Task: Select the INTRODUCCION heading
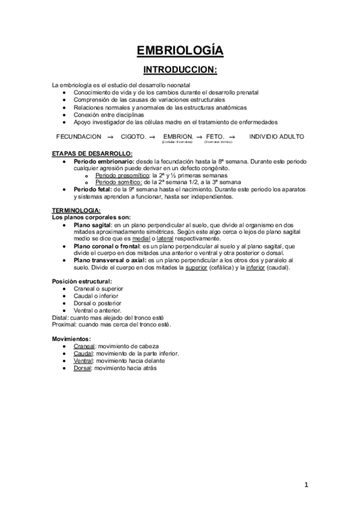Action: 180,70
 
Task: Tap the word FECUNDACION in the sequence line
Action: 79,137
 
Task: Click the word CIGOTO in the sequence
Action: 133,137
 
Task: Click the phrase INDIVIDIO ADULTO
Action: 276,137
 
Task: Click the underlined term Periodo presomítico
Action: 118,175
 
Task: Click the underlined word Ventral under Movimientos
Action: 82,360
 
